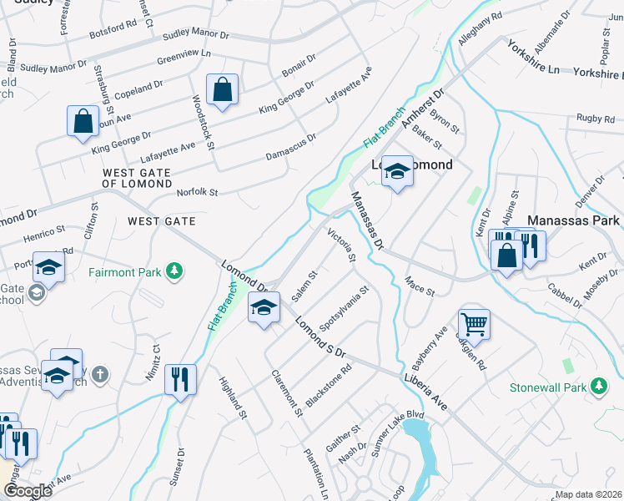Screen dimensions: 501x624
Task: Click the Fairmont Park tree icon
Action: tap(174, 271)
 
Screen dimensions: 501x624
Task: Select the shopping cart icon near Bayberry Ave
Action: tap(474, 323)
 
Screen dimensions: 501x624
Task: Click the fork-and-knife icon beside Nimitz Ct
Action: tap(180, 379)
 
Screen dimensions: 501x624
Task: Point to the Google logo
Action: tap(28, 490)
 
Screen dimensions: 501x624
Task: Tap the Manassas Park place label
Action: tap(573, 220)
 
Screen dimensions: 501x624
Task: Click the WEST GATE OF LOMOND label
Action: tap(137, 178)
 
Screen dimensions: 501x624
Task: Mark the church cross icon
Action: tap(100, 373)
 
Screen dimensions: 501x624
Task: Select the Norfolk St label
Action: tap(197, 193)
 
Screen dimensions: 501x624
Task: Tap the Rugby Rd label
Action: tap(593, 119)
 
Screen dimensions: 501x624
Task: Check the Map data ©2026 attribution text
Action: tap(589, 494)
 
